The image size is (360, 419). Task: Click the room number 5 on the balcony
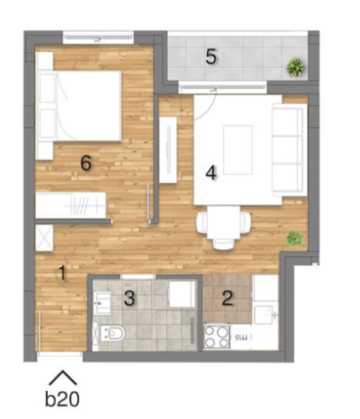click(211, 57)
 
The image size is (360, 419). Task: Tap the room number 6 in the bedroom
click(86, 163)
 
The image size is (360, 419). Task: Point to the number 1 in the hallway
click(63, 272)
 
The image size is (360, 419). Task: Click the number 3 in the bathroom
click(130, 298)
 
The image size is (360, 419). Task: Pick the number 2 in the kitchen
click(228, 298)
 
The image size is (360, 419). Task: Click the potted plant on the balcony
click(295, 67)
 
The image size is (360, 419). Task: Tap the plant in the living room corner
click(295, 239)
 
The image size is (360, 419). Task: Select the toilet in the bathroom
click(111, 333)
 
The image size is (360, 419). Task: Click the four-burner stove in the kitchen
click(217, 337)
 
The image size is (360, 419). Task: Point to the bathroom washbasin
click(103, 303)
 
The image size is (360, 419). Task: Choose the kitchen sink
click(264, 315)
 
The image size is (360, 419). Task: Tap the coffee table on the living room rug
click(238, 150)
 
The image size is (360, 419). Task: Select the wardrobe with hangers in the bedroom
click(71, 205)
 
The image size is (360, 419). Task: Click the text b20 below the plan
click(62, 399)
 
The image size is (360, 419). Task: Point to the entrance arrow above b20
click(63, 377)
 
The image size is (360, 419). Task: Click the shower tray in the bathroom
click(182, 294)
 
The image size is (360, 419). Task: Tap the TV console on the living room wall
click(168, 150)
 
